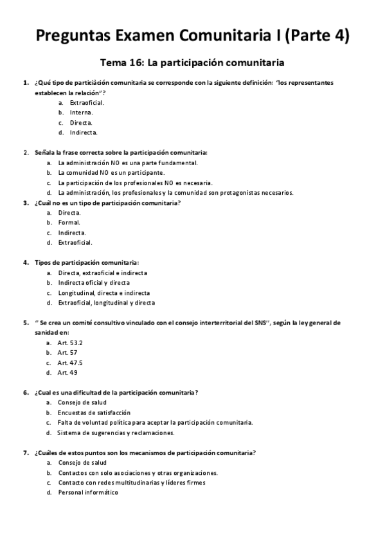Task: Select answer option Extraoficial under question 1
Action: [87, 102]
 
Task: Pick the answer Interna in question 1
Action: [82, 112]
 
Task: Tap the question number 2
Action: [26, 152]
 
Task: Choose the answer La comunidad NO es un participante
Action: [111, 172]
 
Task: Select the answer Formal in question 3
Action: [69, 222]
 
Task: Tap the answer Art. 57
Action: [67, 353]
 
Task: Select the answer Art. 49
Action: [67, 373]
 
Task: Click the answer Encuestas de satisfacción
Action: [94, 413]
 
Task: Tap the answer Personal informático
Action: [88, 492]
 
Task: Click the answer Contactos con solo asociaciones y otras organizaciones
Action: [138, 472]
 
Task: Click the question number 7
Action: [26, 452]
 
